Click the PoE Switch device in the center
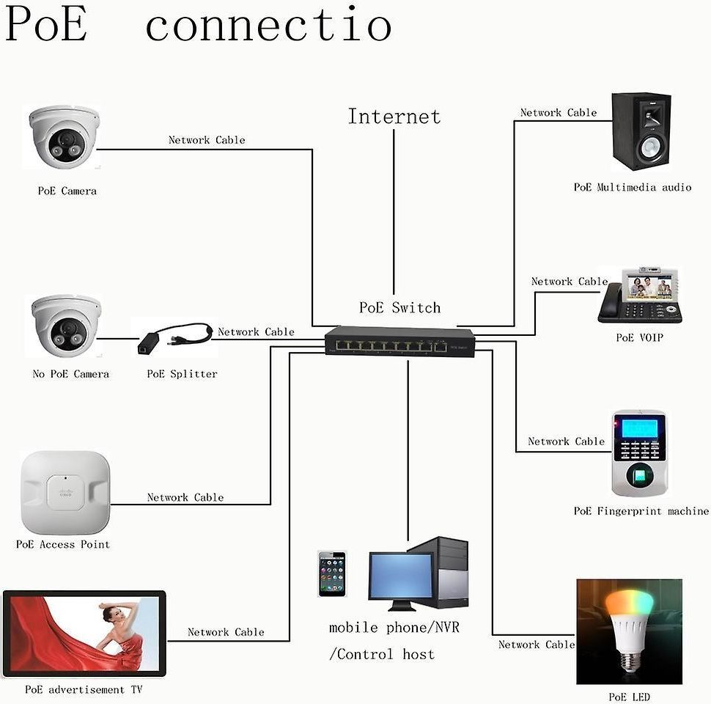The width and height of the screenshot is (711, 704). click(399, 342)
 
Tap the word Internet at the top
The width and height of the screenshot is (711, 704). click(394, 117)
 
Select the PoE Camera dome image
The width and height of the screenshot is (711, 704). click(64, 137)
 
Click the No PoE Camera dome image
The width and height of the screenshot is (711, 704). click(65, 326)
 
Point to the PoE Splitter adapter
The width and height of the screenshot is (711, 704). click(174, 339)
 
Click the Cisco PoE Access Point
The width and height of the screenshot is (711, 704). click(65, 492)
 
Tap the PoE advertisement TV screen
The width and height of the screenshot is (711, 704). click(84, 633)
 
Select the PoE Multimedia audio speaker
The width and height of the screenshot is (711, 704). click(641, 132)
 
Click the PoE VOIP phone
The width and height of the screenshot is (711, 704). click(640, 296)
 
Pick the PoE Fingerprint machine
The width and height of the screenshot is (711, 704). click(639, 454)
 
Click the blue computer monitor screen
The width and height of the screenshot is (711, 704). click(400, 577)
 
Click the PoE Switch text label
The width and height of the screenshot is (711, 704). click(399, 308)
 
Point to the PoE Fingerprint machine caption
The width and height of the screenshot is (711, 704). click(641, 511)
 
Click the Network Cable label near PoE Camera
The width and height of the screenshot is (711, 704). click(207, 140)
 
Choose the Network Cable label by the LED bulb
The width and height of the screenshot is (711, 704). click(537, 645)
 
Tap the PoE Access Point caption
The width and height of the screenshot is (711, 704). click(63, 545)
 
